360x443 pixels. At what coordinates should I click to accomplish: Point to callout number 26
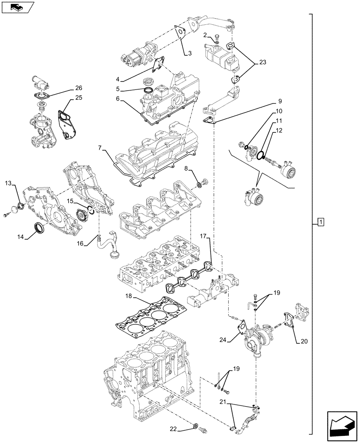(79, 88)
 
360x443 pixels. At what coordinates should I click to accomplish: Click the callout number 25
(79, 97)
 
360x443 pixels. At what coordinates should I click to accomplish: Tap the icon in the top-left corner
(17, 7)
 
